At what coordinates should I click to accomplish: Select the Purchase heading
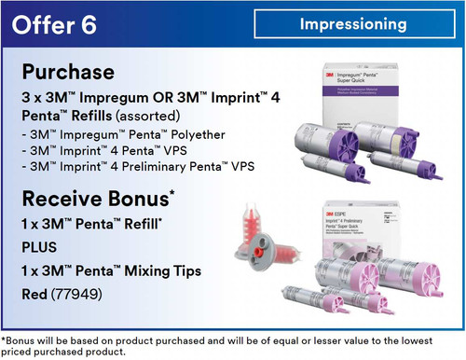[x=68, y=73]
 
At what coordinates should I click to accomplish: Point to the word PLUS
[x=39, y=249]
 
